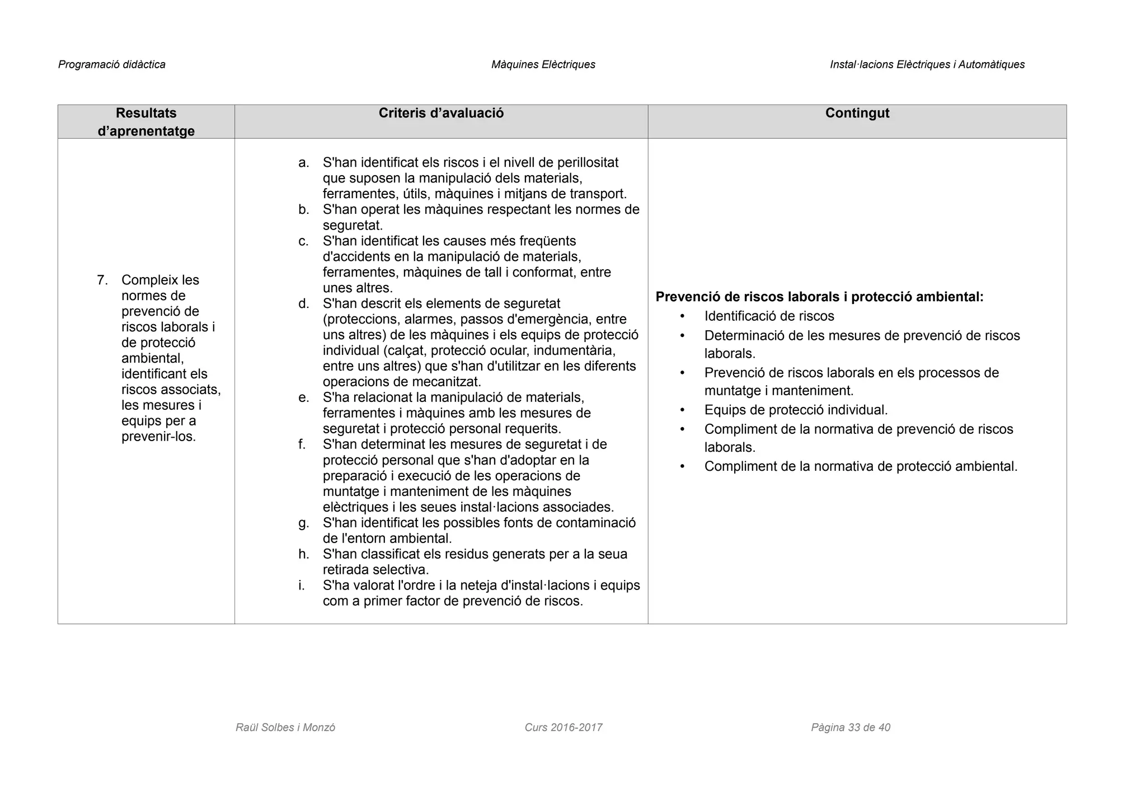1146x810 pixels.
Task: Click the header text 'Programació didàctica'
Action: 112,64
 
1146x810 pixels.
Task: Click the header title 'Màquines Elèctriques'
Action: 543,64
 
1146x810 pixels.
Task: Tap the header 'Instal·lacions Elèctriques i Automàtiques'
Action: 927,64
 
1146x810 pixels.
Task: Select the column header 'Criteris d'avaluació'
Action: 441,113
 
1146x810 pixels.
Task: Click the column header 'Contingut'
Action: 857,113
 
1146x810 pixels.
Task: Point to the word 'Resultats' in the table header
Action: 146,113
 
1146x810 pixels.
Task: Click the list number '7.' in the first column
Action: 102,280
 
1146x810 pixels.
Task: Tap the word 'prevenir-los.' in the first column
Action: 158,437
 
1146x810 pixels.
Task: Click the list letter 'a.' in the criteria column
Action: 303,163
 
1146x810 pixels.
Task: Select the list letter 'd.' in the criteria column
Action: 303,304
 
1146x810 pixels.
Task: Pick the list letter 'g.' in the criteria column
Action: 303,523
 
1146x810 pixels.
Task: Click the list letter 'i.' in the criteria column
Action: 302,586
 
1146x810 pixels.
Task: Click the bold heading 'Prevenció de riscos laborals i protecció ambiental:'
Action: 819,297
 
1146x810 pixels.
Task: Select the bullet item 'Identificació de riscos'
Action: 769,316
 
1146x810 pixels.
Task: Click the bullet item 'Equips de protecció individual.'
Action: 796,410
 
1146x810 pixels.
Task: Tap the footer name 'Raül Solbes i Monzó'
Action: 285,727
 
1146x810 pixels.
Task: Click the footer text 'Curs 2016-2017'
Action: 563,727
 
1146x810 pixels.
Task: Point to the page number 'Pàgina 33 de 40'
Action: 850,727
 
